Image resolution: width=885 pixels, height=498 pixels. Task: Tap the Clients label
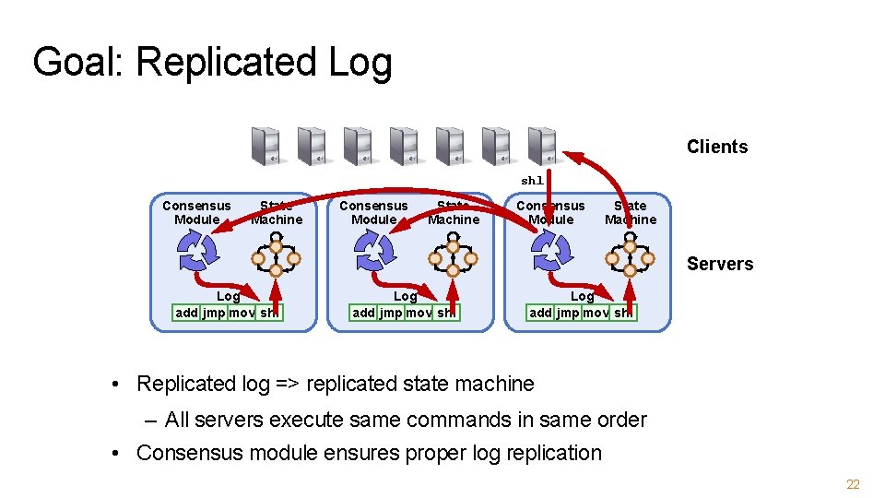(716, 147)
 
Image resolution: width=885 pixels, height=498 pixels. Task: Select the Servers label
(719, 264)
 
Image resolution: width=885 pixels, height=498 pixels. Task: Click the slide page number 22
(853, 485)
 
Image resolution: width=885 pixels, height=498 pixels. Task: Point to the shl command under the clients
(532, 181)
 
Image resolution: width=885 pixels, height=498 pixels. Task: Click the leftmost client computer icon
(265, 146)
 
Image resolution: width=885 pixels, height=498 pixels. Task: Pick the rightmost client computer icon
(542, 146)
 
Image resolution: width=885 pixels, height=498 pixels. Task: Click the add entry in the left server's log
(186, 313)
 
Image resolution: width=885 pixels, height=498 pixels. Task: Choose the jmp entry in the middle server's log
(391, 313)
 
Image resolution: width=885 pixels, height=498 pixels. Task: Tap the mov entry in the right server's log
(596, 313)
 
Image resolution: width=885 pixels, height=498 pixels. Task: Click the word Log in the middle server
(406, 296)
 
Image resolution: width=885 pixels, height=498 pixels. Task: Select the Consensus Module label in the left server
(196, 212)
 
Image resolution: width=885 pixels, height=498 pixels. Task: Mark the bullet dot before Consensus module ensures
(118, 454)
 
